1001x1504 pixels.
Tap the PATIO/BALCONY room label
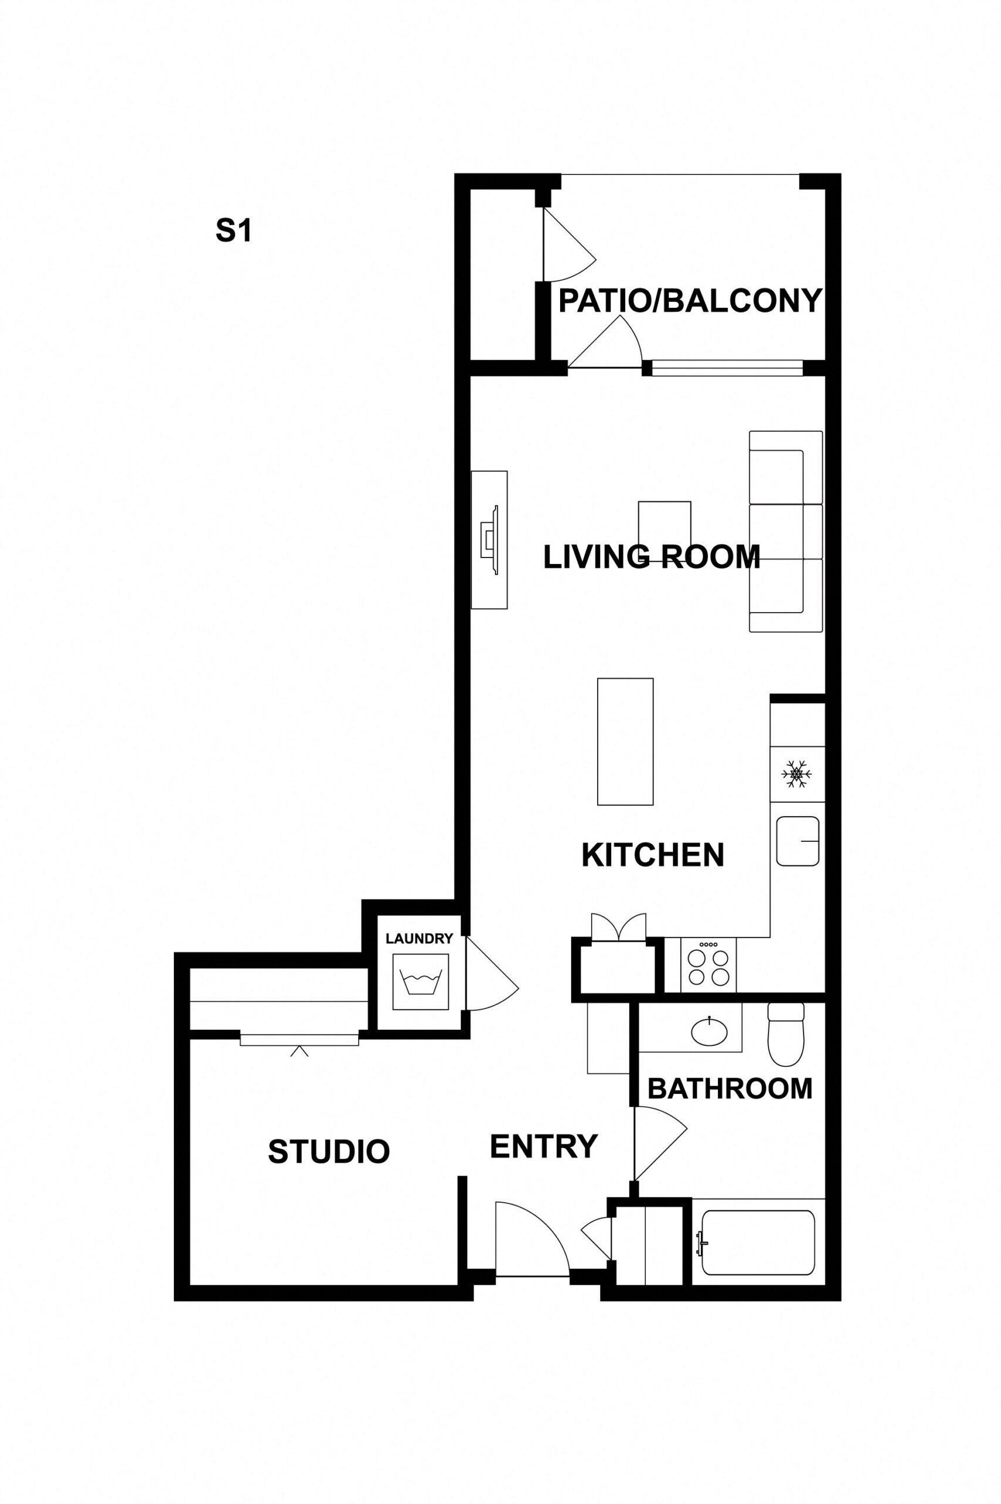click(689, 301)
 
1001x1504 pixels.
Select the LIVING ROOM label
click(651, 557)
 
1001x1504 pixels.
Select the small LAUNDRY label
click(419, 939)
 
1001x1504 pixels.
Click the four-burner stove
click(708, 965)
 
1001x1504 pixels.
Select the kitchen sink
click(798, 841)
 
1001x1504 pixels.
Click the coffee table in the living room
click(665, 531)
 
